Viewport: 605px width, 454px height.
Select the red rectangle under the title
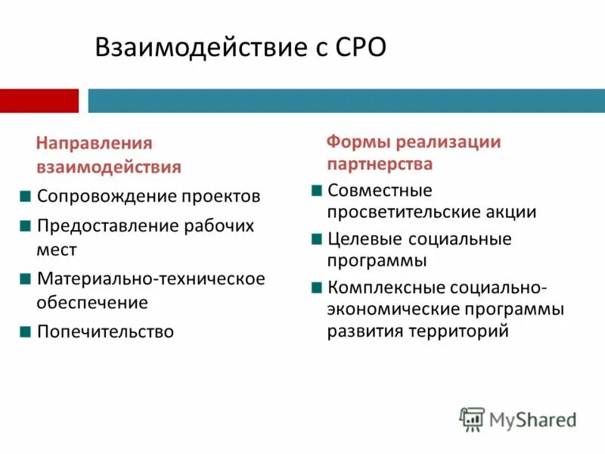[39, 101]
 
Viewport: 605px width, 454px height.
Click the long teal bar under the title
[346, 101]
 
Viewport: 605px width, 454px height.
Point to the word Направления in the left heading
[95, 143]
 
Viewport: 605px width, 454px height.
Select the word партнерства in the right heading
[380, 163]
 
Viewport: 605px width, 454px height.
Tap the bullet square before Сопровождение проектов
[26, 196]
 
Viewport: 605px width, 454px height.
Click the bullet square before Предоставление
[26, 225]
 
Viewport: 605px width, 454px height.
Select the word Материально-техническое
[151, 278]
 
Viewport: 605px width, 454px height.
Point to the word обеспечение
[92, 303]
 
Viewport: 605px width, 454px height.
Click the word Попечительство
[105, 331]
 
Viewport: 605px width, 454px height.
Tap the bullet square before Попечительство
[26, 331]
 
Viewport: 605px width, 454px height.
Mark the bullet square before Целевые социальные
[316, 238]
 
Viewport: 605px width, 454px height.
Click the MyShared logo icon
[472, 419]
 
